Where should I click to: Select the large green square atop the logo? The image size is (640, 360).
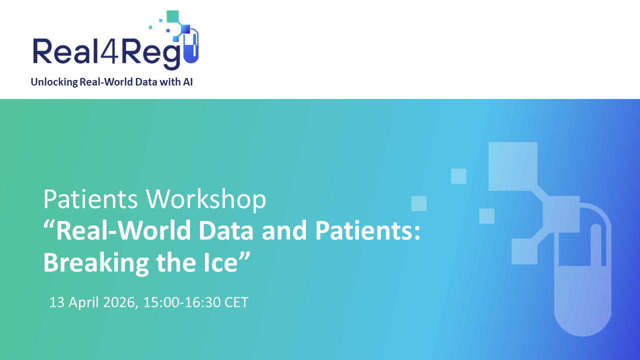[x=172, y=16]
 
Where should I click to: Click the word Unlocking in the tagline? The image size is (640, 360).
[x=53, y=82]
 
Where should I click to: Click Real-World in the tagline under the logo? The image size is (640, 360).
[x=107, y=82]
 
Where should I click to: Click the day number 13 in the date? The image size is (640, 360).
[x=56, y=302]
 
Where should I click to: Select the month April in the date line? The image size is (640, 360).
[x=83, y=302]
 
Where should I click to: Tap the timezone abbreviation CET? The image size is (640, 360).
[x=236, y=302]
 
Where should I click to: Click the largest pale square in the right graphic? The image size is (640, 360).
[x=512, y=166]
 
